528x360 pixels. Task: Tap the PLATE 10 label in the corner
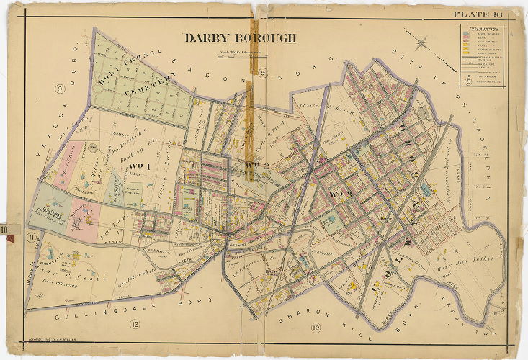coord(478,14)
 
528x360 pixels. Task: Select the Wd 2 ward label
coord(253,168)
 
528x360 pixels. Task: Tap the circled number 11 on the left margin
coord(32,237)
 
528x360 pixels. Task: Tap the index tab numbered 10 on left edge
coord(4,230)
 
